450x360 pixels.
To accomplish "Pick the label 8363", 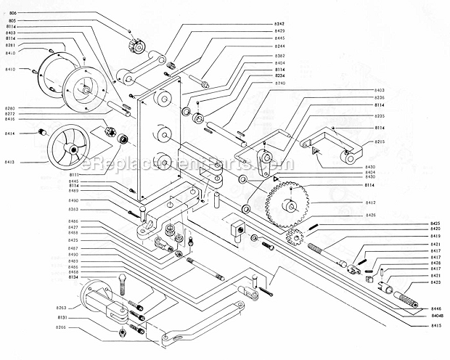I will [x=73, y=209].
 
